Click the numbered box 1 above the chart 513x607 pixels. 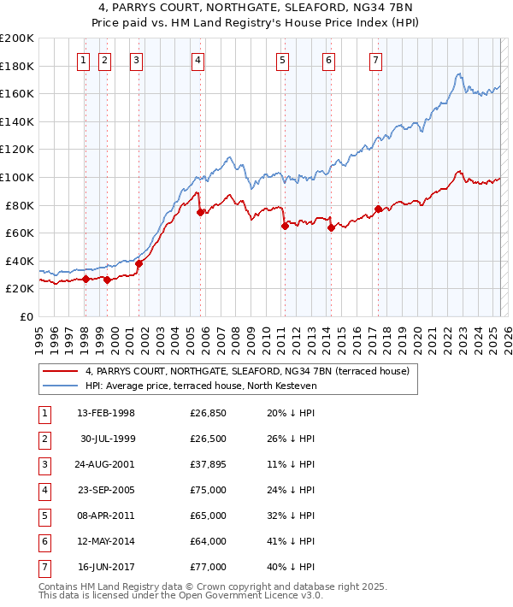[x=84, y=60]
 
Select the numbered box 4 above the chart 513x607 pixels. [x=198, y=60]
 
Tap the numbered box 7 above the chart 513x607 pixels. [x=376, y=60]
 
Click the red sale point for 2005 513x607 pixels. [x=200, y=212]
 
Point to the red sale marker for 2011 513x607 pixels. [x=284, y=227]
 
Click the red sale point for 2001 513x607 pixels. [x=139, y=263]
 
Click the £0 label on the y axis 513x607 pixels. [x=27, y=316]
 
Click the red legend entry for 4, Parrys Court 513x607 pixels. [x=248, y=371]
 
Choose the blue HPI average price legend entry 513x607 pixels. [x=201, y=386]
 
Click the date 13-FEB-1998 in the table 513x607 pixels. [x=106, y=413]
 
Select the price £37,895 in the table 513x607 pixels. [x=208, y=464]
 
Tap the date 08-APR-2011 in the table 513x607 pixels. [x=106, y=516]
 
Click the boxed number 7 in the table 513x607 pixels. [x=44, y=567]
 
